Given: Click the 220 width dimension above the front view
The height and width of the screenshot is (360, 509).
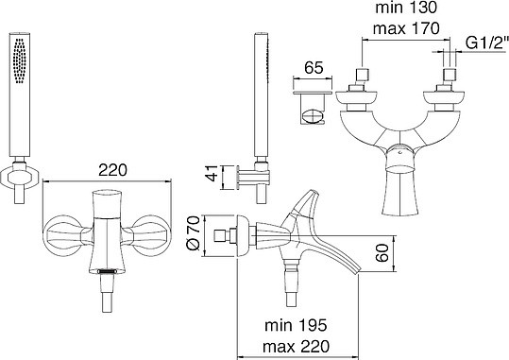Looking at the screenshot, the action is coord(112,170).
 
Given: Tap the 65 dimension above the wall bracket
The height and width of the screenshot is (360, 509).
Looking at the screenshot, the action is coord(314,68).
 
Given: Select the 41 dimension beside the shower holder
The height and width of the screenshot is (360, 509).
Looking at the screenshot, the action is coord(212,173).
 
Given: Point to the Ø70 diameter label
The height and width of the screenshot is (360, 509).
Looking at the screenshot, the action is coord(194,233).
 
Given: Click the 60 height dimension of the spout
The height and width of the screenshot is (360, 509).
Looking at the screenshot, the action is coord(382,253).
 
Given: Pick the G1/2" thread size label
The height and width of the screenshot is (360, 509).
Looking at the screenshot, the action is coord(486,43).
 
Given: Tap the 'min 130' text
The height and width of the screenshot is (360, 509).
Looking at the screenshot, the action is coord(406,8).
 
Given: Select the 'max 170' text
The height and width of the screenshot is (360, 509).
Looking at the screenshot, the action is coord(406,28).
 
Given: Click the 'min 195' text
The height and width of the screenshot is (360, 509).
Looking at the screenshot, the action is coord(296,325).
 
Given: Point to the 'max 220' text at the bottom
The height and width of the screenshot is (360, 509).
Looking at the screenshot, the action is coord(296,347).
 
